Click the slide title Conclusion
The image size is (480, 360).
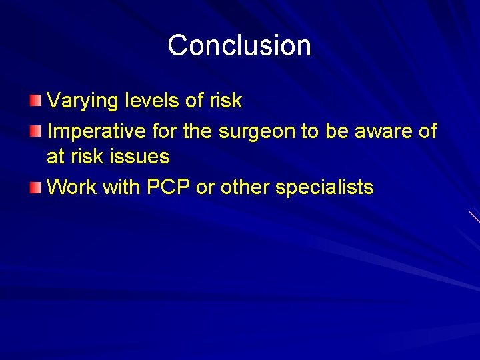coord(239,45)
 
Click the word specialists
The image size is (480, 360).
coord(325,188)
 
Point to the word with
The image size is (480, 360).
coord(121,187)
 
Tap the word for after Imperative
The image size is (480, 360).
coord(165,131)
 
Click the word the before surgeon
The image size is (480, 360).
coord(197,131)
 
